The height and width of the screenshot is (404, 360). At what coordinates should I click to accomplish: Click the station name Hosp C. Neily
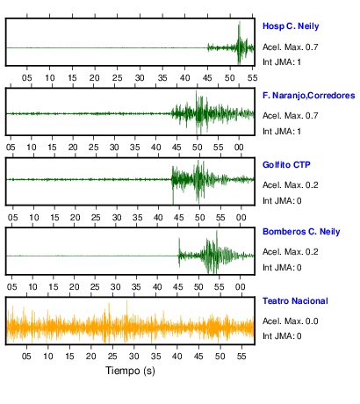tap(291, 26)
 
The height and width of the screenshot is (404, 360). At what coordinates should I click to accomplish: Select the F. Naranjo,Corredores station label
tap(308, 96)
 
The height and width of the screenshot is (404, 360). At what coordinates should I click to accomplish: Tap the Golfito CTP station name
tap(286, 165)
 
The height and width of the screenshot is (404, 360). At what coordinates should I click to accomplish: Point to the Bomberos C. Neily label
tap(301, 232)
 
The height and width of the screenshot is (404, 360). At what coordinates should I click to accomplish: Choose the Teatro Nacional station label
tap(295, 301)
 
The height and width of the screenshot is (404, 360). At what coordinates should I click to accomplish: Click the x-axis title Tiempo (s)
tap(130, 371)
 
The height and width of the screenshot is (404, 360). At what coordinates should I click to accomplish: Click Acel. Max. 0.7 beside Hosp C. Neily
tap(290, 47)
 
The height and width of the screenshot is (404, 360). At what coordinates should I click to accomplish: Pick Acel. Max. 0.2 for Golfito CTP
tap(290, 185)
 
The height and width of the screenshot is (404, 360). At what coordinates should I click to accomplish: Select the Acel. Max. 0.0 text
tap(290, 321)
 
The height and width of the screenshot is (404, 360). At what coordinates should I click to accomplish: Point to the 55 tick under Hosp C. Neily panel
tap(252, 78)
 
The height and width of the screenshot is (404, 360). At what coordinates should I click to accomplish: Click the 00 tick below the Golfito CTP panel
tap(241, 218)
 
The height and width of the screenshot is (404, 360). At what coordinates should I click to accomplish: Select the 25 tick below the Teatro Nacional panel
tap(112, 357)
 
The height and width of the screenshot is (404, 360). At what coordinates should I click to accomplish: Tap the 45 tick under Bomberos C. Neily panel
tap(177, 287)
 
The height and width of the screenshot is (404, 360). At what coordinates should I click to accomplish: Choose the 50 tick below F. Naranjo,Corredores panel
tap(198, 148)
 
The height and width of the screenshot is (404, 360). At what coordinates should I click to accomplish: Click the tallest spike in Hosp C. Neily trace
tap(240, 22)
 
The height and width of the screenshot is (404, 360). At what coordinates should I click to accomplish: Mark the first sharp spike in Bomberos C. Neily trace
tap(179, 239)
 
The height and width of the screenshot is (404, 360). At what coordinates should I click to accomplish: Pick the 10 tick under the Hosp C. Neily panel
tap(49, 78)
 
